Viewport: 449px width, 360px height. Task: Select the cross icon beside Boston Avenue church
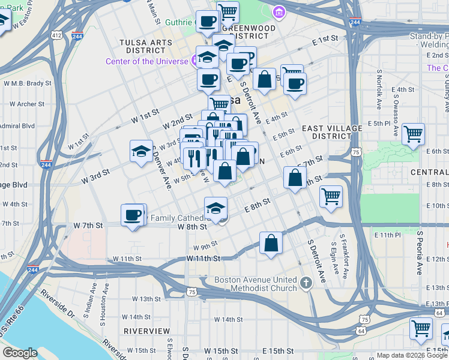(x=306, y=283)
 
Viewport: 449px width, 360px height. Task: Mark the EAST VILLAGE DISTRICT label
(x=332, y=132)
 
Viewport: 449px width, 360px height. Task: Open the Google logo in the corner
(x=20, y=353)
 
